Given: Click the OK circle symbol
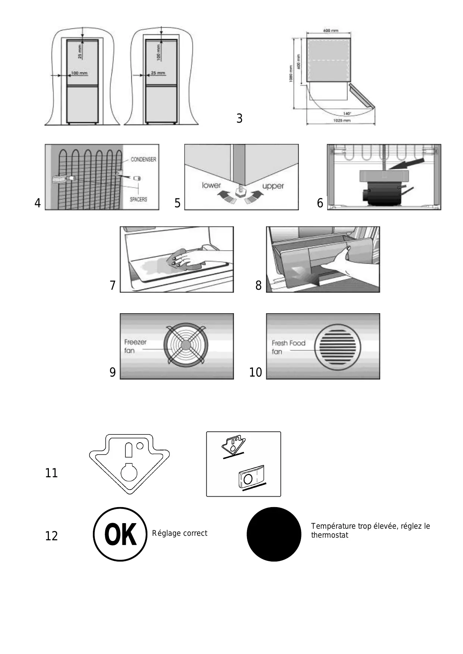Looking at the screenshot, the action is coord(120,534).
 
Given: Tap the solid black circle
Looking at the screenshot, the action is coord(274,534).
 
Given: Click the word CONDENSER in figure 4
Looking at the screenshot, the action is coord(143,159).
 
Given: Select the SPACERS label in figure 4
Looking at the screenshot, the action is coord(138,199).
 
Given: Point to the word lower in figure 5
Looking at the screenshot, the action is coord(211,185).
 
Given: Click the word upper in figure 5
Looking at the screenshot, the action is coord(273,186).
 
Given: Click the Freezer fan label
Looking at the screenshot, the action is coord(135,346).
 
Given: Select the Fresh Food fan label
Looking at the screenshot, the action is coord(288,347).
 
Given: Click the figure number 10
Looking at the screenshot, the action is coord(256,372).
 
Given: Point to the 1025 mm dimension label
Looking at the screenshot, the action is coord(341,120).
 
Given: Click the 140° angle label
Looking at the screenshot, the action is coord(347,114).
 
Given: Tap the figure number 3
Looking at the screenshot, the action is coord(240,119).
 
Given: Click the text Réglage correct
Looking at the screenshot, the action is coord(179,533).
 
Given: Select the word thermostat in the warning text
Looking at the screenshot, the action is coord(329,535).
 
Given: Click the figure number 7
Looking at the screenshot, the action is coord(113,285).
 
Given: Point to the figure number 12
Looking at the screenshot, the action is coord(51,536).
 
